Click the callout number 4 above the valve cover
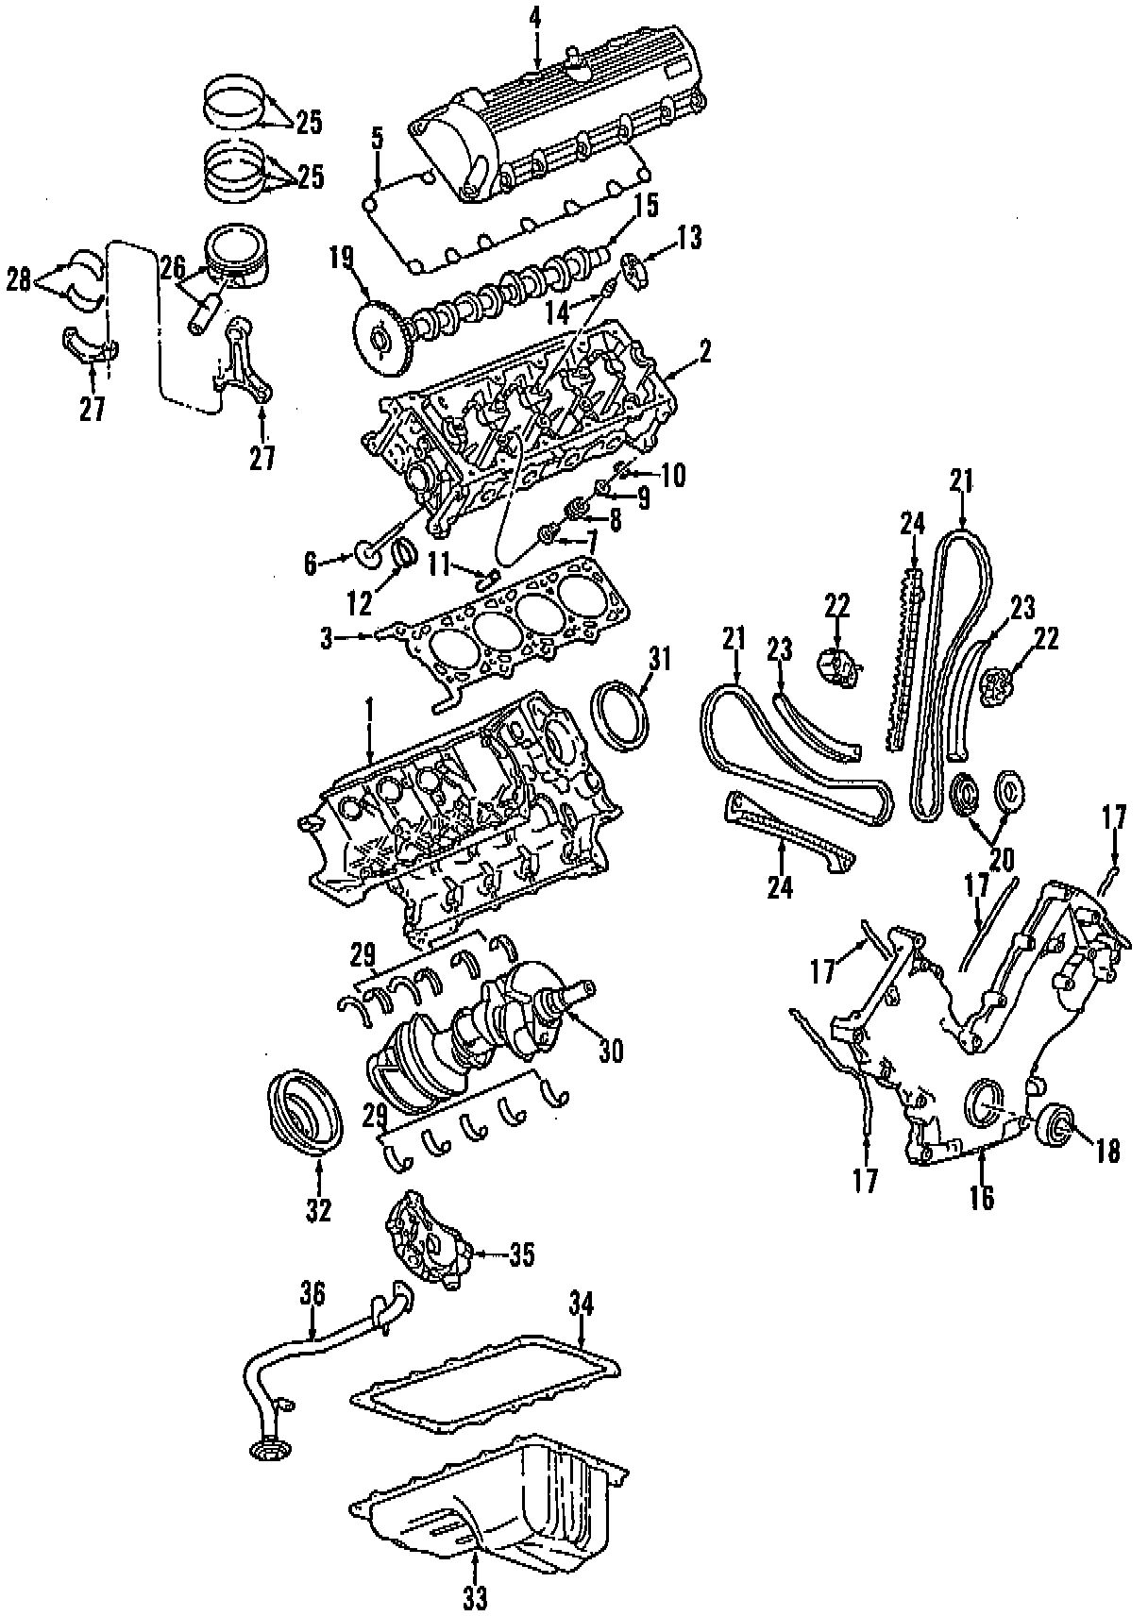click(535, 16)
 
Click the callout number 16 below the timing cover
click(982, 1197)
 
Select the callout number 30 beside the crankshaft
click(612, 1050)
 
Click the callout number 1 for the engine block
click(370, 705)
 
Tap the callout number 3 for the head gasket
click(327, 639)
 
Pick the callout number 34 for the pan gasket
click(581, 1305)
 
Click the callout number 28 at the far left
click(19, 280)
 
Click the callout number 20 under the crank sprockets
click(1002, 859)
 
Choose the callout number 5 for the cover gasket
click(377, 139)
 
